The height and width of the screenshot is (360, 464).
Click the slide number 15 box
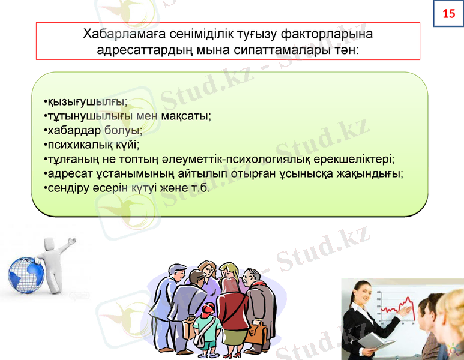point(448,13)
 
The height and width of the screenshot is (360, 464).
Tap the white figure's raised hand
point(73,242)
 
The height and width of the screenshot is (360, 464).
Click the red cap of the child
point(208,309)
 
